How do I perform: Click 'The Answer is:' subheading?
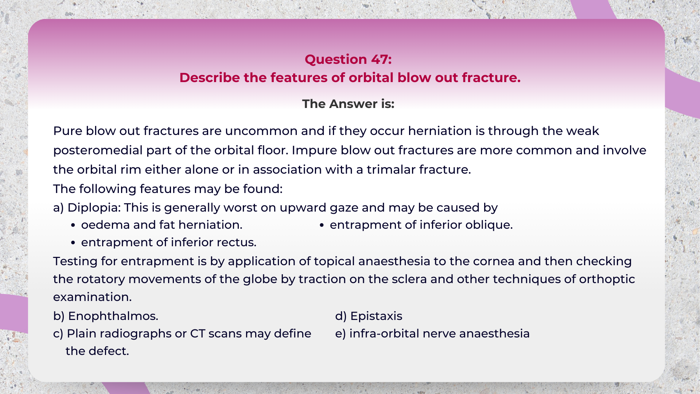348,104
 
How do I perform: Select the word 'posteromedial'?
98,150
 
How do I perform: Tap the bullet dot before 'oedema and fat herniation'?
73,225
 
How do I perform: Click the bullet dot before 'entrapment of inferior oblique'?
322,225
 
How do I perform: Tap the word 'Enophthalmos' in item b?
113,316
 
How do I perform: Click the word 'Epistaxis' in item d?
376,316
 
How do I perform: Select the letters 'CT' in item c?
198,333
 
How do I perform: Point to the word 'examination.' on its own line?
92,297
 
